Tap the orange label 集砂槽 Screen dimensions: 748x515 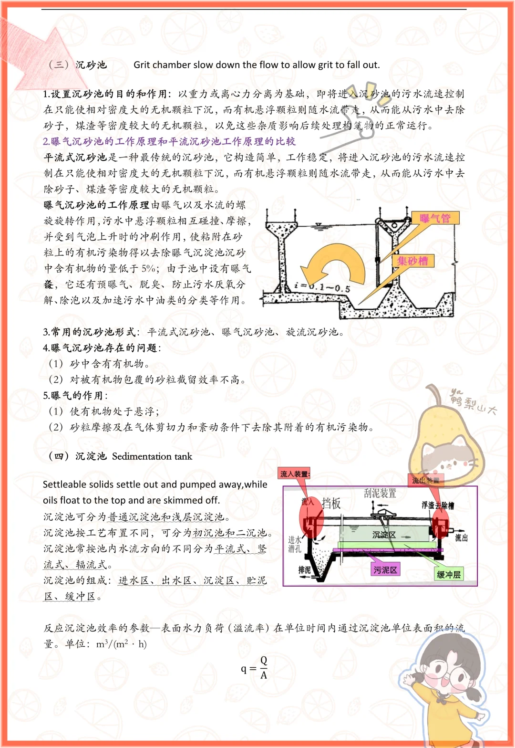click(x=412, y=261)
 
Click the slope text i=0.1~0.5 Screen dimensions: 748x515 click(x=322, y=287)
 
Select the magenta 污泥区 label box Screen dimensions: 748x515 click(x=385, y=569)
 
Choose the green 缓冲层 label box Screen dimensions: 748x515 click(x=449, y=574)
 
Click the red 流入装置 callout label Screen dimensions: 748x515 click(x=295, y=474)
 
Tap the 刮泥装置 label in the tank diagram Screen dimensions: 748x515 click(x=380, y=494)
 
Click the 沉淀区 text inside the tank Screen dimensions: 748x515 click(x=384, y=535)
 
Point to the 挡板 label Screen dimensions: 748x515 click(x=331, y=503)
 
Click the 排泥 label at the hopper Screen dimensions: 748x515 click(x=304, y=570)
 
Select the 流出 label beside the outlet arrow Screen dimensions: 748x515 click(x=461, y=537)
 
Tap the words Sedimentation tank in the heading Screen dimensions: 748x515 click(x=152, y=456)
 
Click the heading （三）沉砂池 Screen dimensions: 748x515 click(x=78, y=64)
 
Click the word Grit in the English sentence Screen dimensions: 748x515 click(x=142, y=65)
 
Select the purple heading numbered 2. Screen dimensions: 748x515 click(x=169, y=141)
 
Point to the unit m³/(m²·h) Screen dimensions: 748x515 click(x=122, y=644)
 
